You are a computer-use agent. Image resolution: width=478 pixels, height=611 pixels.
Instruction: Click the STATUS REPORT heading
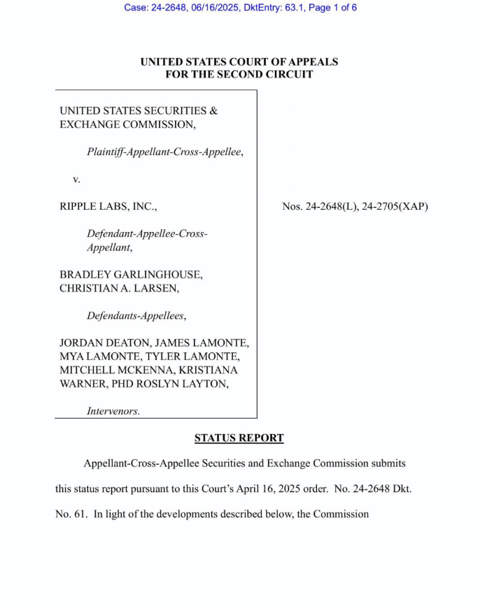tap(239, 438)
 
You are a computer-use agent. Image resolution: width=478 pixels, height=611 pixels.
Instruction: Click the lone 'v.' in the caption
tap(76, 180)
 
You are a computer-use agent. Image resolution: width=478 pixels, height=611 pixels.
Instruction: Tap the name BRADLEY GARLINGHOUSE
tap(131, 275)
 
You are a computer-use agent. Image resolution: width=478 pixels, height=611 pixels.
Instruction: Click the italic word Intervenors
tap(113, 411)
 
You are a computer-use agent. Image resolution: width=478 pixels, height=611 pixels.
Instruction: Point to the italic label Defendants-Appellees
tap(136, 315)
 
